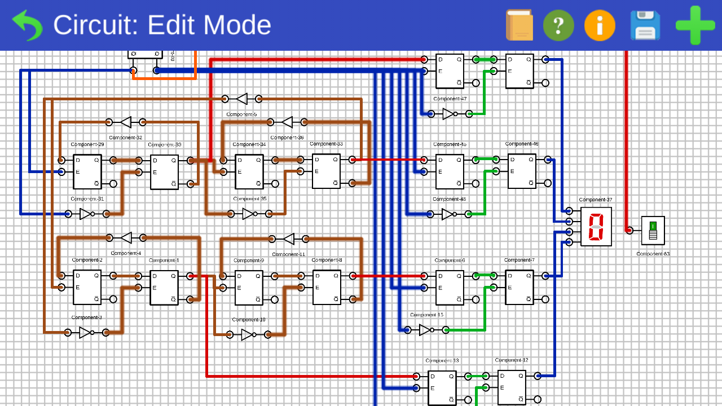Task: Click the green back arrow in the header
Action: (x=27, y=25)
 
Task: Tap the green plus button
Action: (x=695, y=25)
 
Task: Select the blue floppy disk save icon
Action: (x=645, y=25)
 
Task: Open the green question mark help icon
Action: (x=558, y=25)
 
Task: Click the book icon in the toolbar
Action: (x=519, y=25)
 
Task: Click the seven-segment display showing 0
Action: (x=596, y=226)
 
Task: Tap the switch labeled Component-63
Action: (x=653, y=230)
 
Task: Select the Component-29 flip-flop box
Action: (x=87, y=171)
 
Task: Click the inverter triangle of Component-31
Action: (x=85, y=214)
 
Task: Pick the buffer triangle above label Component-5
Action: (x=242, y=99)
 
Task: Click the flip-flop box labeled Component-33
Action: (x=327, y=171)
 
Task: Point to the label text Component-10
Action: (x=249, y=320)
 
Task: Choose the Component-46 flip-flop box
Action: (x=522, y=171)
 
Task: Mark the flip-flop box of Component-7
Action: (x=519, y=287)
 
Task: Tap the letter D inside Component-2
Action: (x=78, y=276)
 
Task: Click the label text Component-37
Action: (x=596, y=200)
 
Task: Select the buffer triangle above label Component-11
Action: (x=289, y=239)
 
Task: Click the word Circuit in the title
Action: (x=96, y=25)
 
